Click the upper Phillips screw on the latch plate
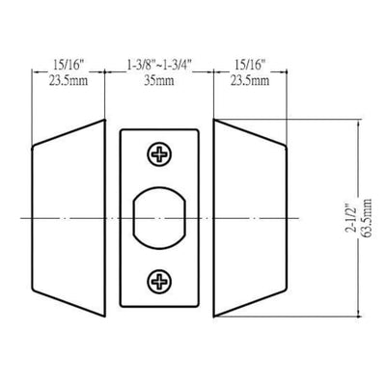[x=159, y=154]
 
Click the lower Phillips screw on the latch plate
[x=159, y=282]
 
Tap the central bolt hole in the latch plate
[x=160, y=219]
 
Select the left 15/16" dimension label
[x=69, y=66]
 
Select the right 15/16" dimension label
[x=250, y=66]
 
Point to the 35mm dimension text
[x=159, y=80]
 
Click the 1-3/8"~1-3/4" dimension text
[x=159, y=66]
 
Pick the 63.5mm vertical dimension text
[x=367, y=218]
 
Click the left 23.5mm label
[x=69, y=80]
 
